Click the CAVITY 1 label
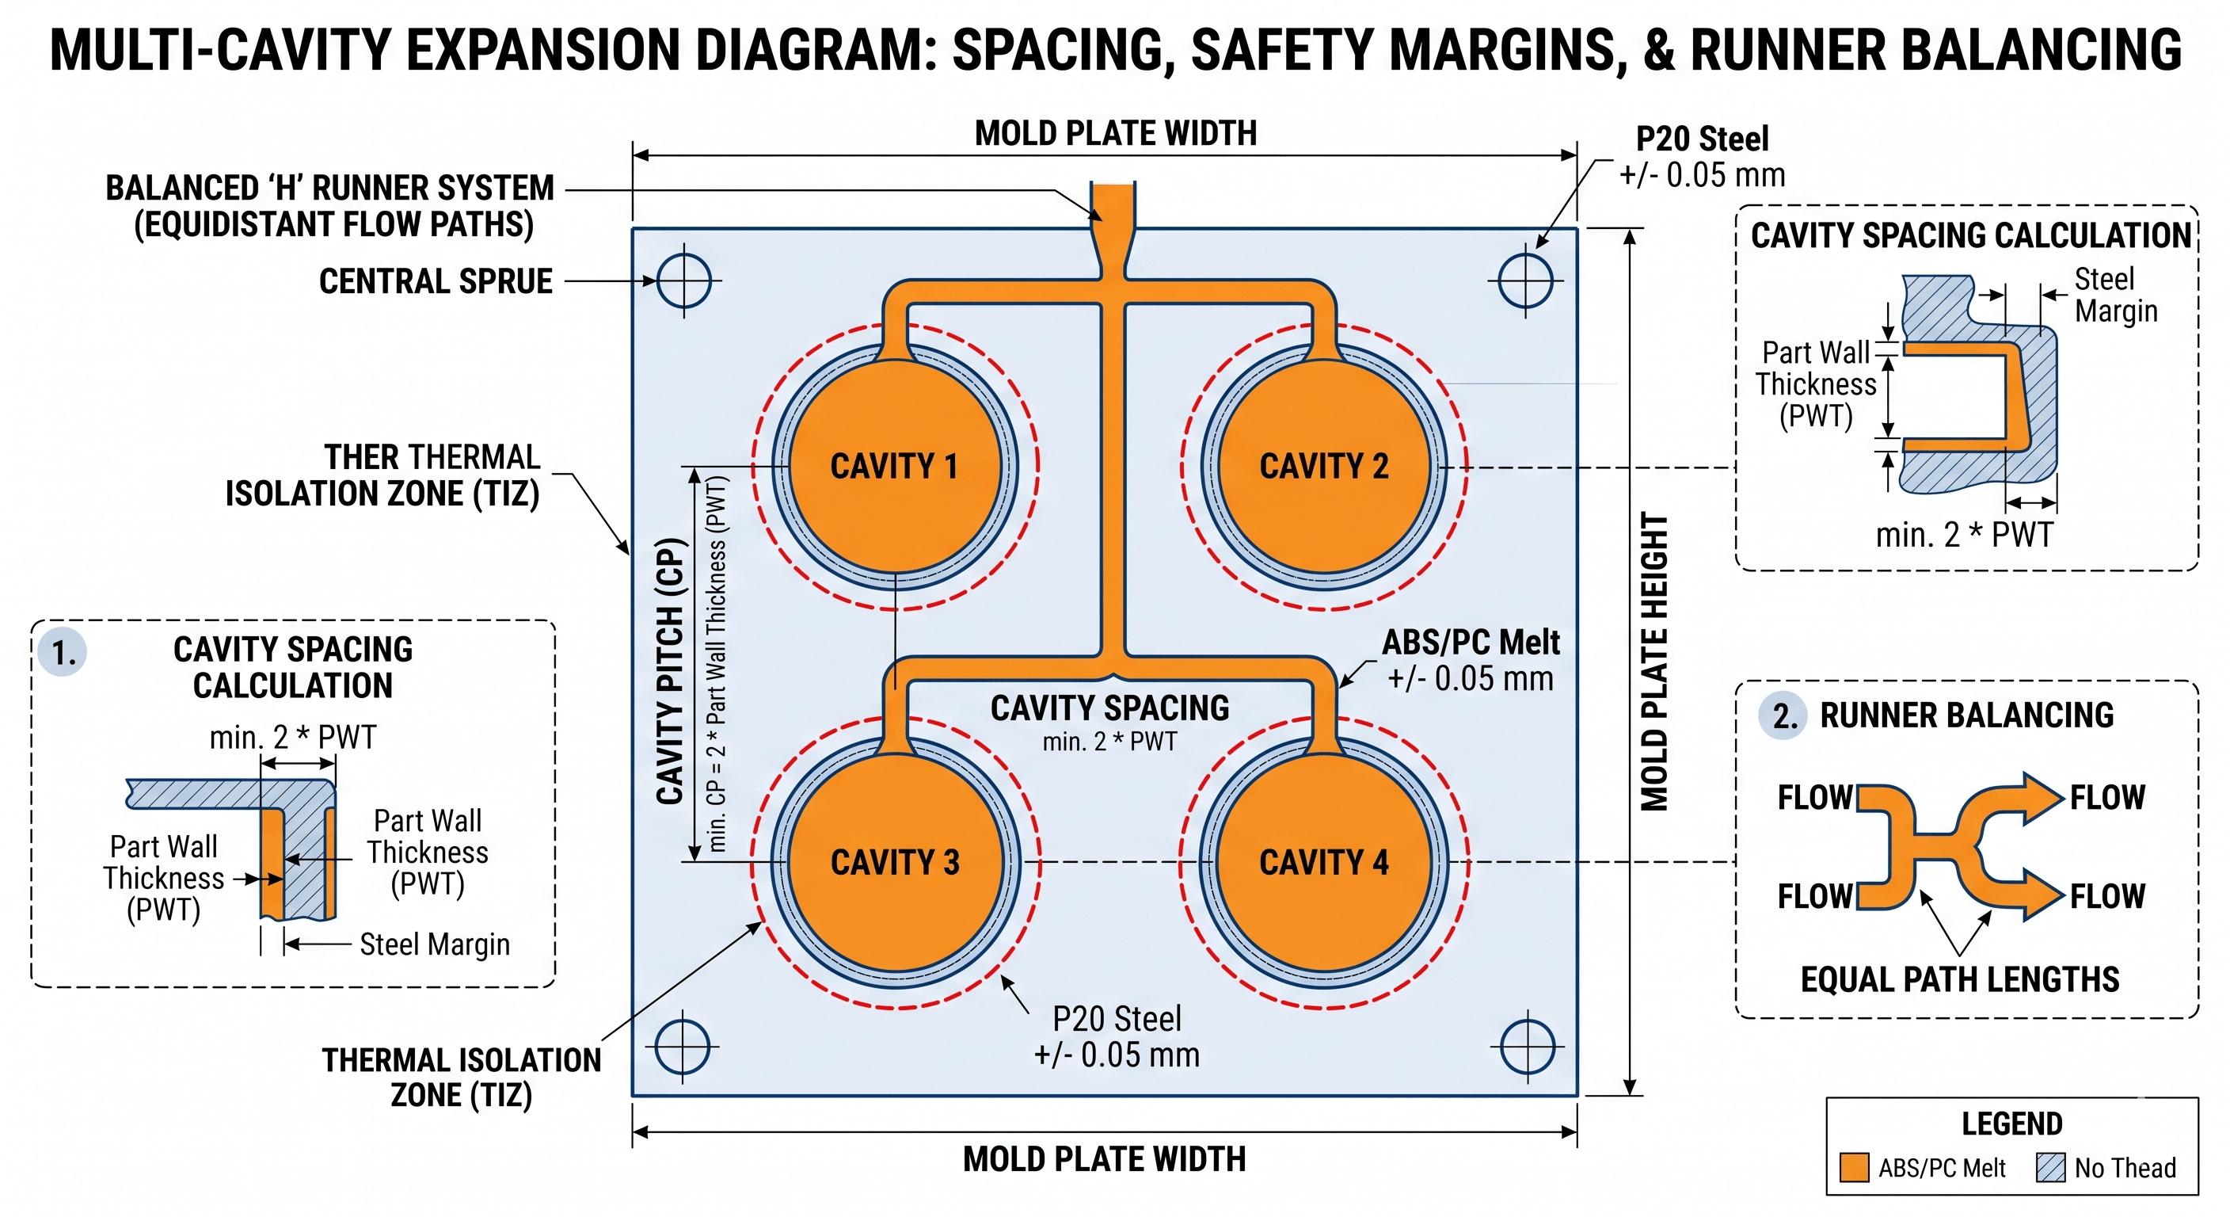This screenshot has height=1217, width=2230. (x=893, y=466)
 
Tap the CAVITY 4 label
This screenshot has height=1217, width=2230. (x=1323, y=862)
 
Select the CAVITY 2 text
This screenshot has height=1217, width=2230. (x=1323, y=466)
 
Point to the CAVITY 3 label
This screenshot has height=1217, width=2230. (x=895, y=862)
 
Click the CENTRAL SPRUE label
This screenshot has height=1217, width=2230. (x=436, y=281)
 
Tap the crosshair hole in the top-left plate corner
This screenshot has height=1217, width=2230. (x=684, y=280)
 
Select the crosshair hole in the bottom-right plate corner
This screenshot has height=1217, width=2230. (x=1527, y=1047)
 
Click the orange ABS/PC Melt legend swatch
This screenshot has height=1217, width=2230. (x=1853, y=1168)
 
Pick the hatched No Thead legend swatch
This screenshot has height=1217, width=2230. (x=2051, y=1168)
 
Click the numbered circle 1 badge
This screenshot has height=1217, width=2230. (x=63, y=652)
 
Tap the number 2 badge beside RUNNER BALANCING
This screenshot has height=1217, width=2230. (x=1784, y=715)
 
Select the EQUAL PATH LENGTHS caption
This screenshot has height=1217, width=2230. (x=1960, y=979)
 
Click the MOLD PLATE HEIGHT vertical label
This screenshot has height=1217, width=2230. (x=1654, y=662)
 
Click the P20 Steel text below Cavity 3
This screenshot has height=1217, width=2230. (x=1117, y=1020)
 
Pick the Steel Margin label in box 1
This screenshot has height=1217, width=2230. (x=435, y=944)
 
